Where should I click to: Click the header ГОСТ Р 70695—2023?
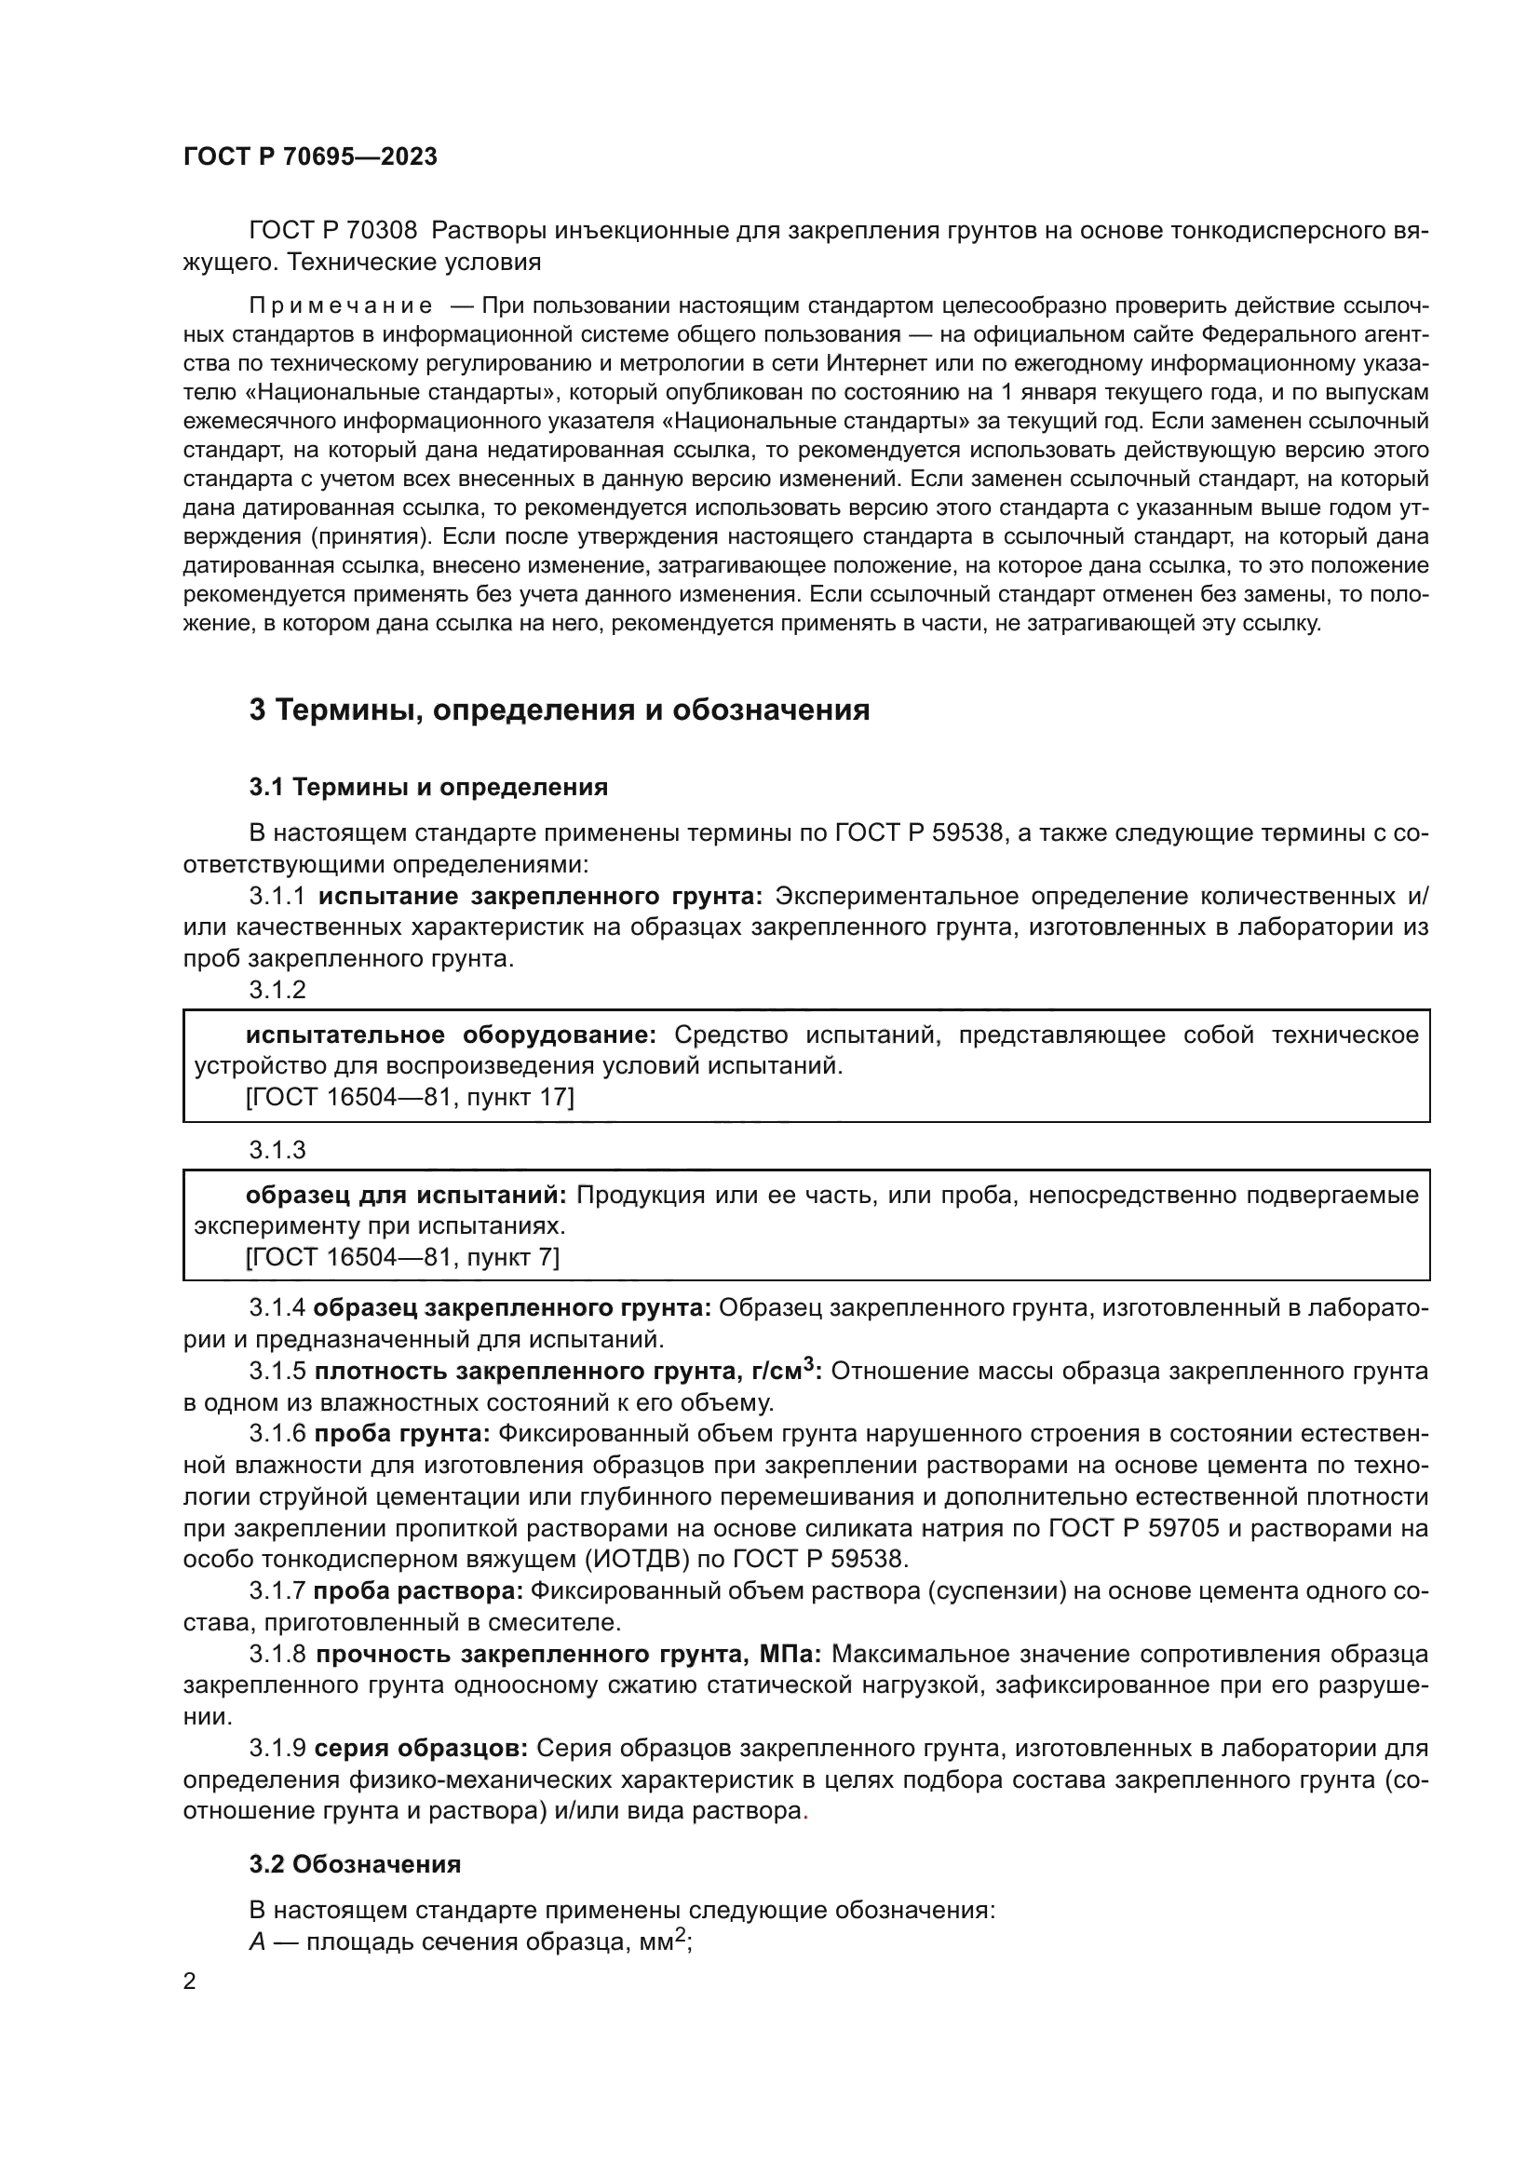coord(310,157)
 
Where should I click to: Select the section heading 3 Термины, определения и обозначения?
coord(559,709)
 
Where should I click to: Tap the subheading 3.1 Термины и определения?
coord(427,787)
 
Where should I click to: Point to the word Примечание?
coord(341,305)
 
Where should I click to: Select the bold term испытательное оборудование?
coord(451,1035)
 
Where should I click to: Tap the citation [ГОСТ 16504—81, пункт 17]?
coord(410,1097)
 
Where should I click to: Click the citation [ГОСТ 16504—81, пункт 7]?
coord(402,1257)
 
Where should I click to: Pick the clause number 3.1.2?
coord(277,990)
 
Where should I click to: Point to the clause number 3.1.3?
coord(277,1150)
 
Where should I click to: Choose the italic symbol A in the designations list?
coord(257,1941)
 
